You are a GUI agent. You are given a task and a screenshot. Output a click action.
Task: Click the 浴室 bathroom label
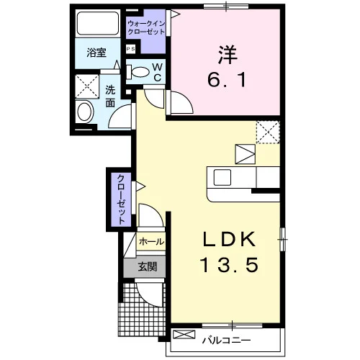(x=96, y=53)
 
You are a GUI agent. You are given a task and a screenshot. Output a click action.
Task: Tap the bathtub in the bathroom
(x=98, y=23)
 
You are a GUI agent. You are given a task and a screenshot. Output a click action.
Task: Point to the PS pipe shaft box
(x=131, y=49)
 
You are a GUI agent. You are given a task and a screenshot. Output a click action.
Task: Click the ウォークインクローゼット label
(x=146, y=27)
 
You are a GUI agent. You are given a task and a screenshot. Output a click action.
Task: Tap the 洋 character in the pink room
(x=228, y=55)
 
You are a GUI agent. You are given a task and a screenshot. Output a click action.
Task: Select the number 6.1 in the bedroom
(x=227, y=80)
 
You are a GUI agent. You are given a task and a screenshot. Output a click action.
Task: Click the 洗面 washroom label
(x=110, y=96)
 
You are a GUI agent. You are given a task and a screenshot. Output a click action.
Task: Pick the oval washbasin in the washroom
(x=85, y=112)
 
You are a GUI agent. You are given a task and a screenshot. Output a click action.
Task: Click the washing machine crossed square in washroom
(x=87, y=86)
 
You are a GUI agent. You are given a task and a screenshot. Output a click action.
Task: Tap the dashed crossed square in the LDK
(x=268, y=132)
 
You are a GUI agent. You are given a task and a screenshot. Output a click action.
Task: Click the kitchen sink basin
(x=222, y=177)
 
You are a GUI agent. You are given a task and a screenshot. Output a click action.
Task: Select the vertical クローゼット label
(x=122, y=199)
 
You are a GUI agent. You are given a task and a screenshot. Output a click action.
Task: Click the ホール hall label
(x=151, y=242)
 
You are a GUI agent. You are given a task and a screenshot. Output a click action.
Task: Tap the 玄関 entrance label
(x=148, y=266)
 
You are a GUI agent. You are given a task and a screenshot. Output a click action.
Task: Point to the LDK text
(x=229, y=240)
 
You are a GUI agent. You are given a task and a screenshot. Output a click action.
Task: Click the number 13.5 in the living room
(x=229, y=264)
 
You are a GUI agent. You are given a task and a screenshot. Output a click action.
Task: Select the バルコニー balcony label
(x=226, y=340)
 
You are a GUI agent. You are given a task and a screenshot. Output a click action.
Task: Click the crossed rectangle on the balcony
(x=184, y=335)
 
